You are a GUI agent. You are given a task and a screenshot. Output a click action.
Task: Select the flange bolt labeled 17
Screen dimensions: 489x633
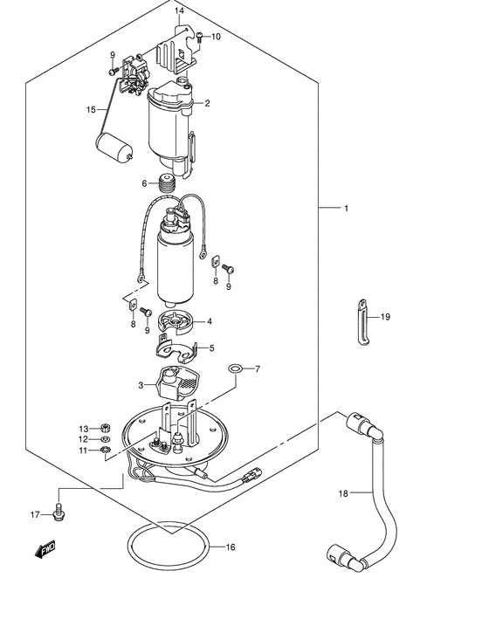pyautogui.click(x=59, y=512)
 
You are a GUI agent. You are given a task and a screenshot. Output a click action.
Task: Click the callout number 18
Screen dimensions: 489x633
pyautogui.click(x=343, y=493)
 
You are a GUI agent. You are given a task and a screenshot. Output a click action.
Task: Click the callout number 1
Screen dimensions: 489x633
pyautogui.click(x=346, y=209)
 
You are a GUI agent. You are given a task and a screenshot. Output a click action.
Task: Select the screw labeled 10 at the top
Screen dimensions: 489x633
pyautogui.click(x=201, y=38)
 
